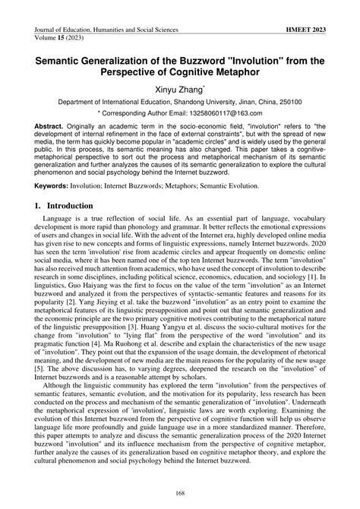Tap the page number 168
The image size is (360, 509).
(180, 498)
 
